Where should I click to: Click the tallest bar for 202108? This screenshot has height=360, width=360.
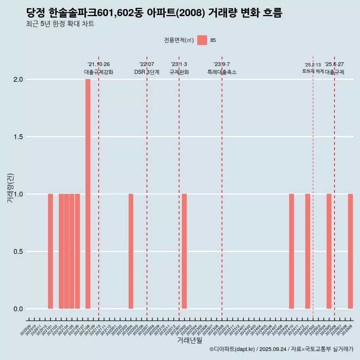coord(88,194)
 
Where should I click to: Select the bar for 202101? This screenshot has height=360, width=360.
coord(50,251)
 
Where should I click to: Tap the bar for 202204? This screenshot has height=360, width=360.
coord(131,251)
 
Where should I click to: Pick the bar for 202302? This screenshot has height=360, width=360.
coord(184,251)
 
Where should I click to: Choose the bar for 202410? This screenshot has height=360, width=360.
coord(291,251)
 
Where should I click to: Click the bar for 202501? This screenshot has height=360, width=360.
coord(307,251)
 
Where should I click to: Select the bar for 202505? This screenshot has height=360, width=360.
coord(329,251)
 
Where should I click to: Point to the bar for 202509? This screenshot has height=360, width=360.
coord(350,251)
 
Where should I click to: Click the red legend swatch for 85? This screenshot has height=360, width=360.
coord(202,40)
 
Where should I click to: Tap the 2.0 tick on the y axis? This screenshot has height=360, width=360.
coord(18,79)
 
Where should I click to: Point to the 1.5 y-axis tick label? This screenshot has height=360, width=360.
coord(18,137)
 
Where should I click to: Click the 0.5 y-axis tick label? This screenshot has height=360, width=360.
coord(18,252)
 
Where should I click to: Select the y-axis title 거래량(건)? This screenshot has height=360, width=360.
coord(10,188)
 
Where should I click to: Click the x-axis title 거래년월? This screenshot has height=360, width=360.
coord(189,340)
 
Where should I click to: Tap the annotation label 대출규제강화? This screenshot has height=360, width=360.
coord(98,72)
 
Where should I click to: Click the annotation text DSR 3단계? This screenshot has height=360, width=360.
coord(147,72)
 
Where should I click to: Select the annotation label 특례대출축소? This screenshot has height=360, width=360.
coord(222,72)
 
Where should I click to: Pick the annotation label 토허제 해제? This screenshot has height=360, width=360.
coord(313,71)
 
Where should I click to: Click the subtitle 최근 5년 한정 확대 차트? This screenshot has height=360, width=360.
coord(60,24)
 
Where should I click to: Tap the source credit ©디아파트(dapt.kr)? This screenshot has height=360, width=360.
coord(232,349)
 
